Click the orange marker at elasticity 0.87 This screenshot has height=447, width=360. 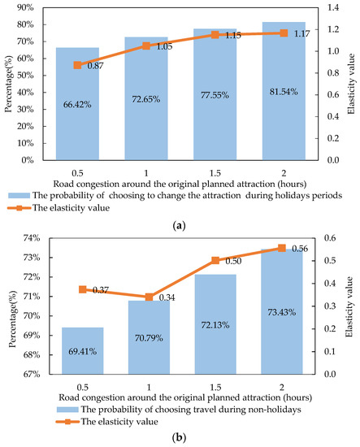77,65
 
